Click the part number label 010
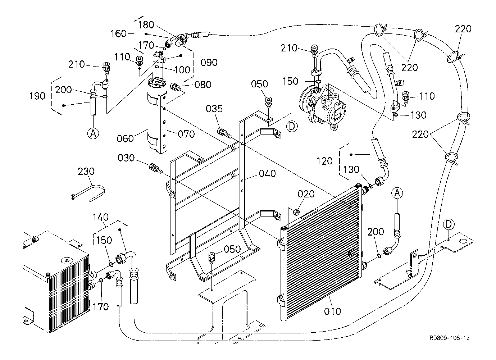[x=332, y=311]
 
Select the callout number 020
[x=306, y=194]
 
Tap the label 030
[x=126, y=158]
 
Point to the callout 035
[x=214, y=109]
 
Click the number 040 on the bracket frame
[x=268, y=173]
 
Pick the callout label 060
[x=125, y=139]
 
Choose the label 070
[x=186, y=134]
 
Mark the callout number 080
[x=203, y=85]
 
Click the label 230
[x=86, y=171]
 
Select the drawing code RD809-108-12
[x=450, y=344]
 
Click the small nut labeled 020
[x=296, y=212]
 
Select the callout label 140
[x=100, y=217]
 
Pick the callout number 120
[x=325, y=161]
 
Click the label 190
[x=37, y=96]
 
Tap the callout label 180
[x=146, y=25]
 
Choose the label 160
[x=118, y=34]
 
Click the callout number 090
[x=209, y=63]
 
